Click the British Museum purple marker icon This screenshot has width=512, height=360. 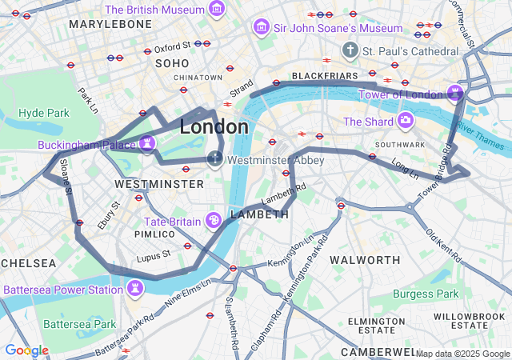click(216, 10)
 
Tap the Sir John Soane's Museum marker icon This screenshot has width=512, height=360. click(260, 28)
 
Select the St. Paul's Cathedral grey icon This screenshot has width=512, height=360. click(350, 51)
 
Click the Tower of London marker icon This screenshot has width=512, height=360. click(455, 93)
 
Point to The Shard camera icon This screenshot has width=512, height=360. click(406, 121)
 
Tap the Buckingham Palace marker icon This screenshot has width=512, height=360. click(146, 143)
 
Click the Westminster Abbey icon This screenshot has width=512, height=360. click(215, 158)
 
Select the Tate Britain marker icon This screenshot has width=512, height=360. click(214, 220)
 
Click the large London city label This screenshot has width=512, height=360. click(214, 127)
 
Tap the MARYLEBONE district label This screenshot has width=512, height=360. click(110, 25)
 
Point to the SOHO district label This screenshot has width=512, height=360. click(172, 62)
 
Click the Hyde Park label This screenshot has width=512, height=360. click(44, 113)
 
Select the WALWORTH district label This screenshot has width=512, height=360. click(365, 260)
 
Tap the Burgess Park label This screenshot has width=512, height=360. click(426, 294)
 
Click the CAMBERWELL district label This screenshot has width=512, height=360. click(378, 352)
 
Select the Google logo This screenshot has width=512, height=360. click(26, 350)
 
